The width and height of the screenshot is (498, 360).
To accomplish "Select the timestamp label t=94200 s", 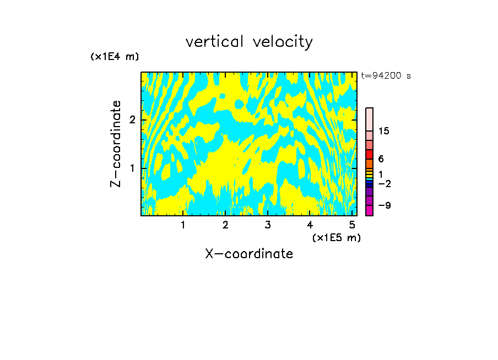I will click(x=386, y=76).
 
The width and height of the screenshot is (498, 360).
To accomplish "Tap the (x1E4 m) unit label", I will click(x=115, y=57).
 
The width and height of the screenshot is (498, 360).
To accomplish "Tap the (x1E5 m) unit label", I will click(x=336, y=237).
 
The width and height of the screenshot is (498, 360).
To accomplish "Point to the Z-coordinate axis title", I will click(x=116, y=144).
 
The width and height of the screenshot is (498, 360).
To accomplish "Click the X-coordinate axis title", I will click(x=249, y=254).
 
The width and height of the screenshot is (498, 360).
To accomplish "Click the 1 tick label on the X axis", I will click(x=183, y=225).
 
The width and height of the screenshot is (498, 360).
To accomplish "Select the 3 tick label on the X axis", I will click(x=267, y=225).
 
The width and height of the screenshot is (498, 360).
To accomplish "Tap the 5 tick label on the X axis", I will click(x=351, y=225).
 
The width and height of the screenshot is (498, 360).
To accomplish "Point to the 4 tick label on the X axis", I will click(x=310, y=225).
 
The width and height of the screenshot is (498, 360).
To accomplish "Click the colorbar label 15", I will click(x=384, y=131).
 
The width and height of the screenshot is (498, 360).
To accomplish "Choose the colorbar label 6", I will click(x=381, y=159).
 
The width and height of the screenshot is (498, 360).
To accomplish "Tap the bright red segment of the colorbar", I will click(x=369, y=154).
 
